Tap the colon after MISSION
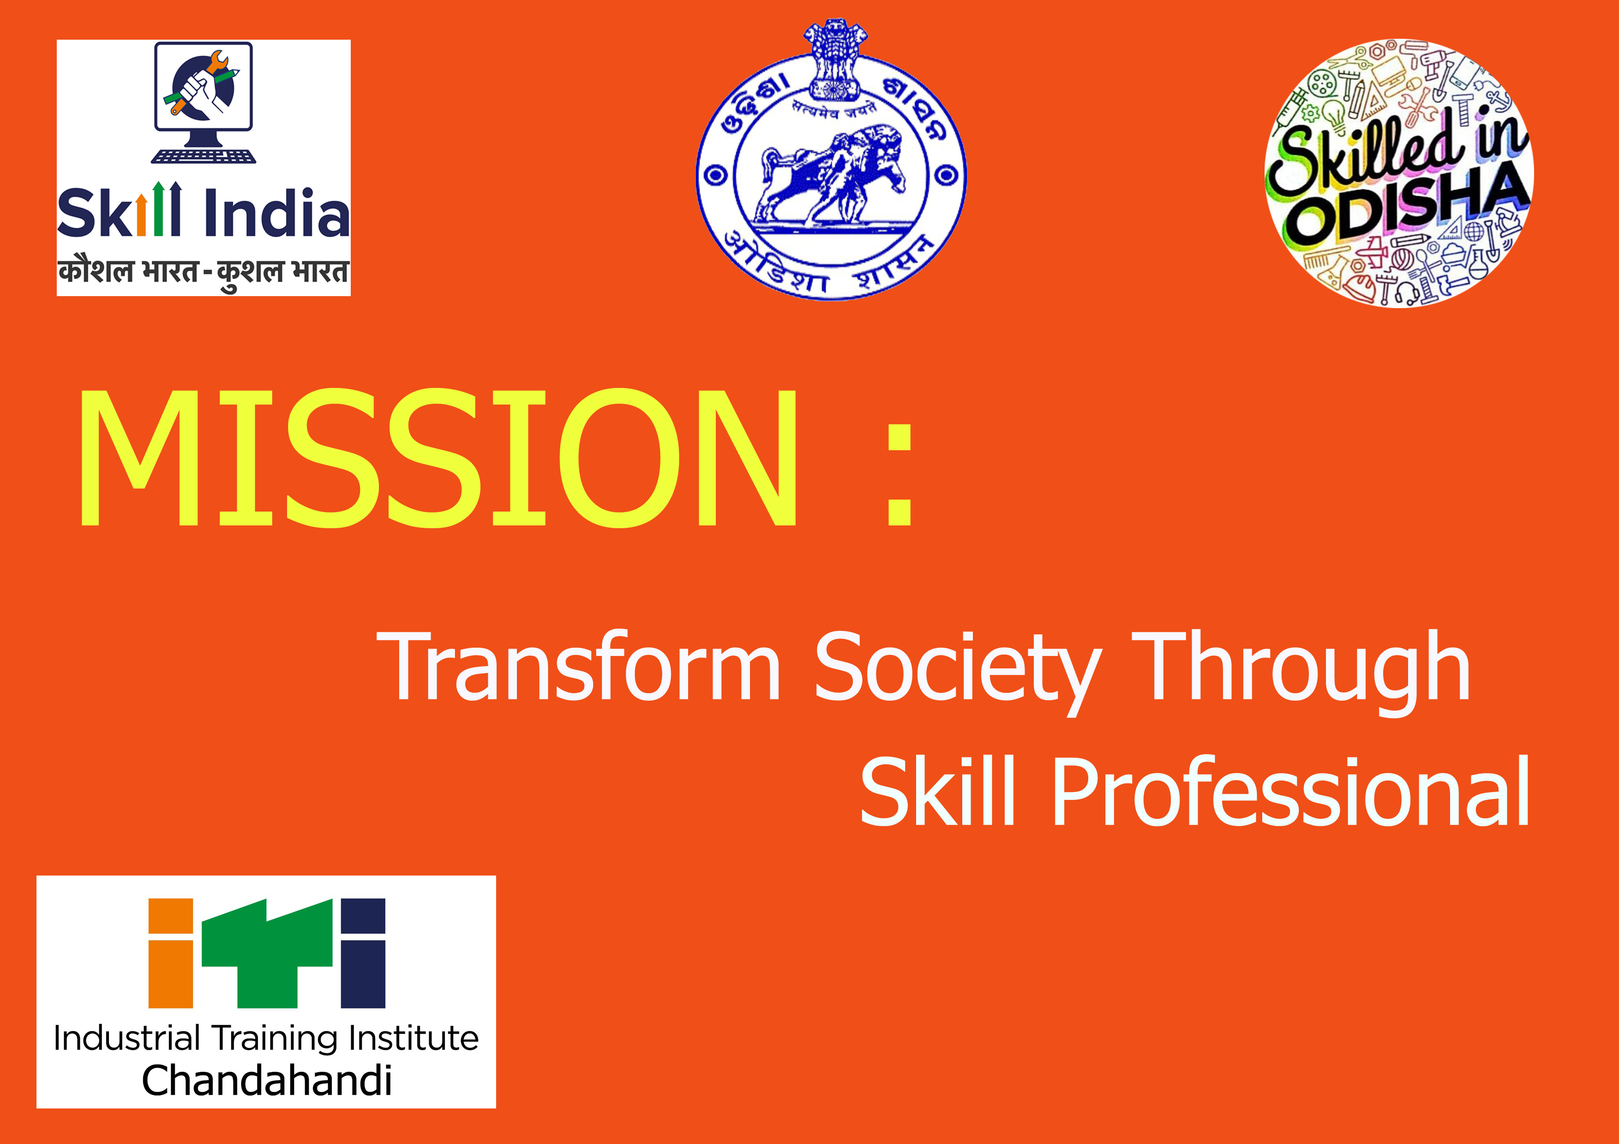pos(900,475)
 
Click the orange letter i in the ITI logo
pos(171,953)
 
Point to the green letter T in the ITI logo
pos(268,953)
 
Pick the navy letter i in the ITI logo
pos(363,953)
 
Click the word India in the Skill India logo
pos(276,211)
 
